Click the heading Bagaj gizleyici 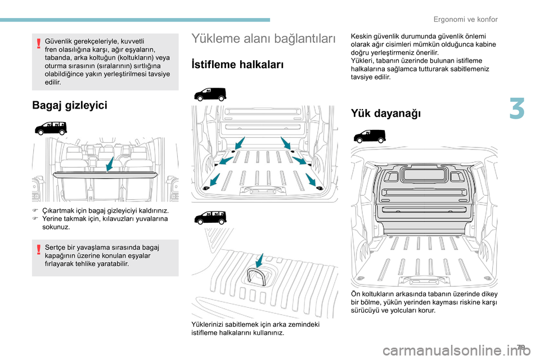(70, 105)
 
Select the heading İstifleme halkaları (237, 64)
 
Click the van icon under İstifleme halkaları (210, 94)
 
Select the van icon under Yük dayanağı (370, 136)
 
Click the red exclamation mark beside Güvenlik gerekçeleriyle (38, 45)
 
